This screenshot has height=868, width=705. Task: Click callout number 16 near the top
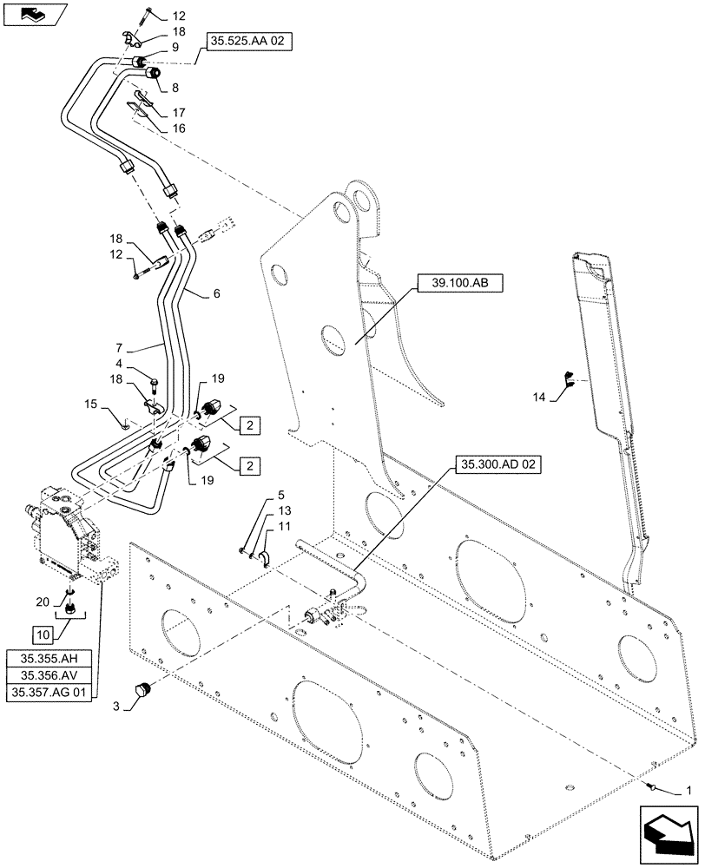pyautogui.click(x=178, y=128)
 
